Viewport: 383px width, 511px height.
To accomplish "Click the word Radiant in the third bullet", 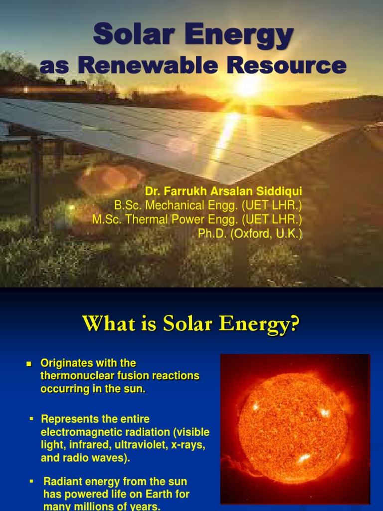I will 60,482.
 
